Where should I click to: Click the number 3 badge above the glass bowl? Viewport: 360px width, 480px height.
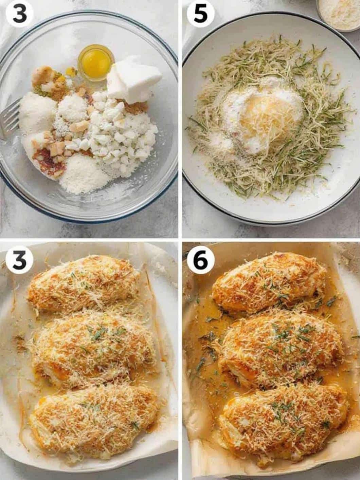point(19,14)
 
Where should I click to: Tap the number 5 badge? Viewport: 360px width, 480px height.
point(200,14)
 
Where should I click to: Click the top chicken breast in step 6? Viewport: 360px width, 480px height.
point(268,278)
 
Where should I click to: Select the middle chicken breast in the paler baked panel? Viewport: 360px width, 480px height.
point(93,350)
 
